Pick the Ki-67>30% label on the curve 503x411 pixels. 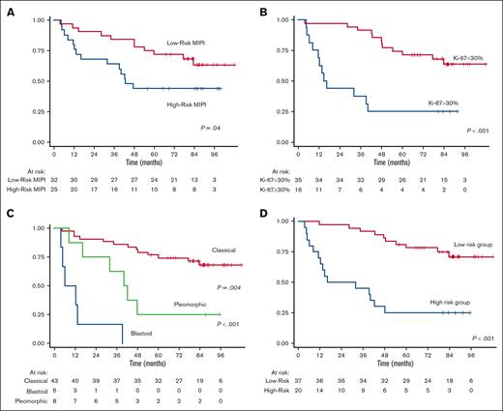point(441,101)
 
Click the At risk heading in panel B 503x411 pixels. point(276,170)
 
